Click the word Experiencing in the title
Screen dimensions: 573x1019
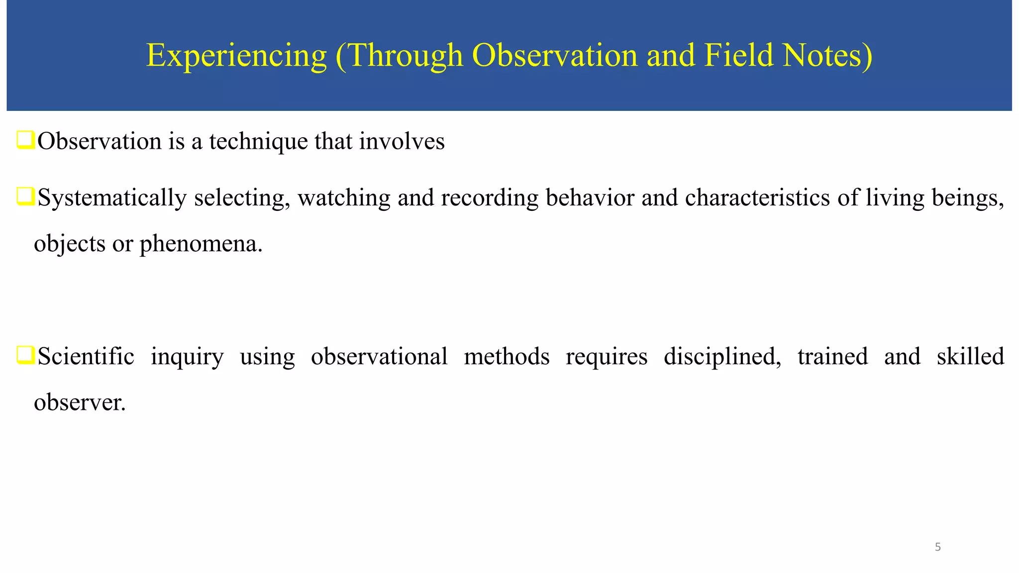pos(236,56)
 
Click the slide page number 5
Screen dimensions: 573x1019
pos(938,547)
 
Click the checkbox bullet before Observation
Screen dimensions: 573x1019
pos(25,140)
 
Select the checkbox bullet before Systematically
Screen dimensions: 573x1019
pos(25,196)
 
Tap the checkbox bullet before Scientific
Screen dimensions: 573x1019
pos(25,356)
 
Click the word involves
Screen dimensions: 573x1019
pos(402,141)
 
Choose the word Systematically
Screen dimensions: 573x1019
pos(112,198)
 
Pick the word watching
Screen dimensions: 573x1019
pos(344,198)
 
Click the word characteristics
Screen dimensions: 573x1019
pos(757,197)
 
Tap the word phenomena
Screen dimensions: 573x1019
pos(201,244)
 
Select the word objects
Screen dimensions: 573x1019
pos(70,244)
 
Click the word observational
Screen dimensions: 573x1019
pos(379,357)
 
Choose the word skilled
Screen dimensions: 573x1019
pos(970,357)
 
